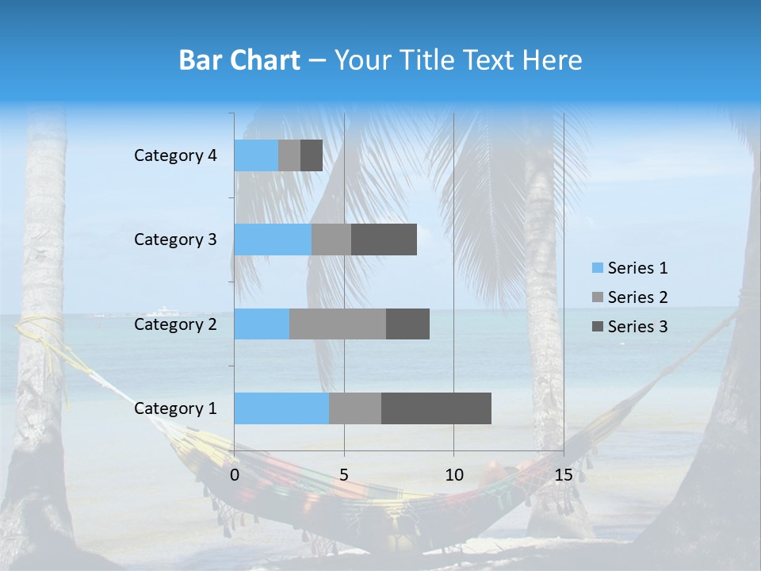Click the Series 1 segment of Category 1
point(281,408)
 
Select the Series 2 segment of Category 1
point(355,408)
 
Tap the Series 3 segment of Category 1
point(436,408)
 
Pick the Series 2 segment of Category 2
point(338,324)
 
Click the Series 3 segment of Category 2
point(407,324)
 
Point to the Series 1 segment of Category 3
point(273,240)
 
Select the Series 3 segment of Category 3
point(384,240)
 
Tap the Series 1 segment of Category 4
point(256,155)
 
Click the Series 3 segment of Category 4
point(312,155)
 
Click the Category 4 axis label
point(175,155)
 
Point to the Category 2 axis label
point(175,324)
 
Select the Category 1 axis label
point(175,408)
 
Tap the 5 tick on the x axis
point(344,475)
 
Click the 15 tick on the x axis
point(564,475)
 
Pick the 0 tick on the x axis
point(235,475)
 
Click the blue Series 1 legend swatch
point(598,268)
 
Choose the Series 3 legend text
point(637,327)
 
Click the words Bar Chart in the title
point(239,60)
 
